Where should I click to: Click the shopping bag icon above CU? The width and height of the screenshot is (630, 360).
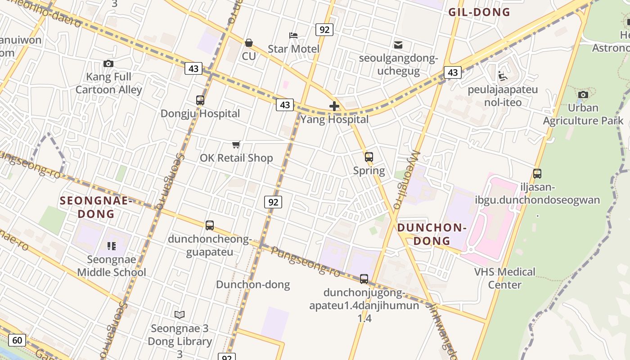click(x=248, y=43)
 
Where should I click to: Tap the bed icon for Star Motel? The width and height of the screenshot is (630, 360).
click(x=293, y=35)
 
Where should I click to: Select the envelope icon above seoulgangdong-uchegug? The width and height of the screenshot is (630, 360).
click(x=398, y=45)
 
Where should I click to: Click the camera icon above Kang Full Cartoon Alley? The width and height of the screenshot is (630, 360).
click(x=108, y=63)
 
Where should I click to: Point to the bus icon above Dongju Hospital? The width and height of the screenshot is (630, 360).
click(x=200, y=100)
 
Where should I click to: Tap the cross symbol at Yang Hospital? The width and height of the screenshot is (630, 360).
click(x=334, y=106)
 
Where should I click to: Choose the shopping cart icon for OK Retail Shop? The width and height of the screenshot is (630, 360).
click(x=236, y=144)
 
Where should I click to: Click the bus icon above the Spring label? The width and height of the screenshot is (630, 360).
click(x=369, y=157)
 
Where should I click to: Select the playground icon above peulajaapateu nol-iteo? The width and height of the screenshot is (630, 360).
click(x=503, y=76)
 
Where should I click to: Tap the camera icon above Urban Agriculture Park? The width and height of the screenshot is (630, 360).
click(x=583, y=94)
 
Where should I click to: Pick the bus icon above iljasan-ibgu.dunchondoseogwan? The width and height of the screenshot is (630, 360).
click(x=537, y=174)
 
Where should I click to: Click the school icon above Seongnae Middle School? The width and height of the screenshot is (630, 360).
click(x=111, y=246)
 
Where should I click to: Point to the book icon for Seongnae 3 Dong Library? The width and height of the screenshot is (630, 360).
click(x=180, y=315)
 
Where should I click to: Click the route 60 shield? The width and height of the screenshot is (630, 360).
click(x=17, y=340)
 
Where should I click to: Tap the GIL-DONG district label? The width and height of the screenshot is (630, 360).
click(x=479, y=12)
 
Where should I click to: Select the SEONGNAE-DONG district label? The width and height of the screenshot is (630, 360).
click(x=95, y=207)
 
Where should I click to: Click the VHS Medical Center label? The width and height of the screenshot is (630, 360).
click(x=505, y=278)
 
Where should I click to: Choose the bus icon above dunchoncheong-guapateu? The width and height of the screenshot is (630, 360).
click(x=209, y=225)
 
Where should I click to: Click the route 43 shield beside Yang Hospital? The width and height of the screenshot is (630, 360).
click(x=285, y=105)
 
